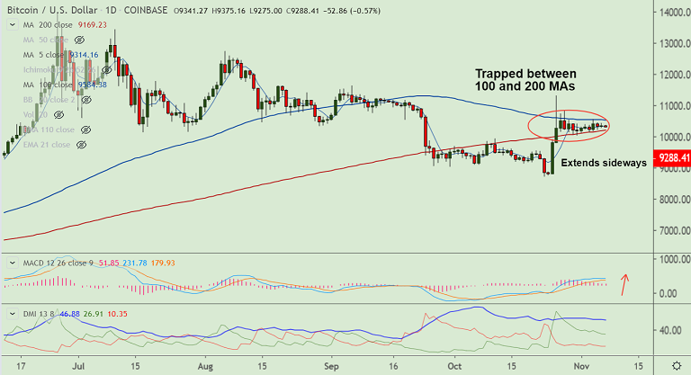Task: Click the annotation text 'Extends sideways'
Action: click(604, 163)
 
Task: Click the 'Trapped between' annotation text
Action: click(526, 72)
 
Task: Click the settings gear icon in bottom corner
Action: click(676, 367)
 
